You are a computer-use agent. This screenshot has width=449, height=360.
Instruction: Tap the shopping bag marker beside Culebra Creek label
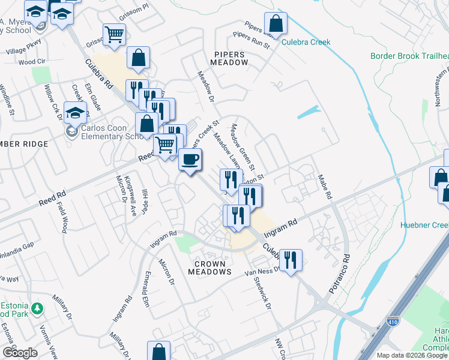pos(276,25)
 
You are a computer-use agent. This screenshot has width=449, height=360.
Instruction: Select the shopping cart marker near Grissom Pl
pos(114,35)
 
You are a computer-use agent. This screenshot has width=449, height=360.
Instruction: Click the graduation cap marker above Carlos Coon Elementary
pos(76,113)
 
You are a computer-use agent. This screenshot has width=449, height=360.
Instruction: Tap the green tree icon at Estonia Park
pos(37,308)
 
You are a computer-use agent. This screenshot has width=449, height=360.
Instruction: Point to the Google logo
pos(20,353)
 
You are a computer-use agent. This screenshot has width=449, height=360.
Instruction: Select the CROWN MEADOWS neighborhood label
pos(209,268)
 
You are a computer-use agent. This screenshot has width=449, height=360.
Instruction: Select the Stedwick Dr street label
pos(262,292)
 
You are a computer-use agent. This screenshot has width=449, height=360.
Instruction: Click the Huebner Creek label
pos(424,226)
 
